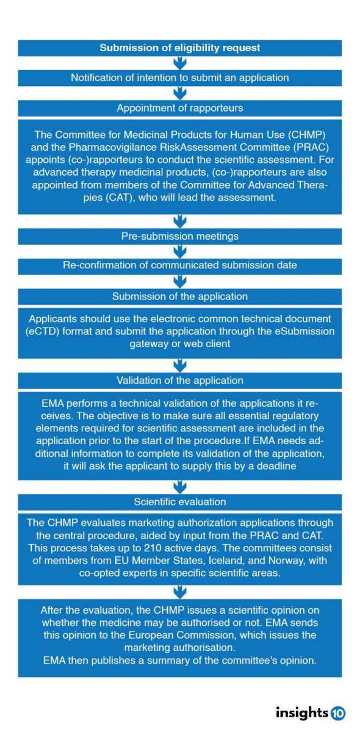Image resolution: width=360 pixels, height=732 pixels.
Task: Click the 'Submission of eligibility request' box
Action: pyautogui.click(x=180, y=48)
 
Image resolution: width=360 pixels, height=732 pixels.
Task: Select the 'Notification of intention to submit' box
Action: pyautogui.click(x=180, y=77)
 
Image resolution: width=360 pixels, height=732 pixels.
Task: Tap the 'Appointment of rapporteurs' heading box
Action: pyautogui.click(x=180, y=108)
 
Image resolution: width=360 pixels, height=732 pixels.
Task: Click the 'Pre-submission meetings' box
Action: pyautogui.click(x=180, y=235)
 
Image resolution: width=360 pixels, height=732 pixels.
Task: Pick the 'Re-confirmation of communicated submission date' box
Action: pyautogui.click(x=180, y=265)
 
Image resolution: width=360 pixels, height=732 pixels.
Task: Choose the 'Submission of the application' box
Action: pyautogui.click(x=180, y=296)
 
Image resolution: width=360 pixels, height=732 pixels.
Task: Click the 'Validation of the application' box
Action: pyautogui.click(x=180, y=381)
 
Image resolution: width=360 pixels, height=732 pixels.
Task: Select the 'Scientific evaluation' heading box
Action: pyautogui.click(x=180, y=502)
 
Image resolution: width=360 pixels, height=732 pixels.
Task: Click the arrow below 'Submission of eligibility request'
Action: pyautogui.click(x=180, y=62)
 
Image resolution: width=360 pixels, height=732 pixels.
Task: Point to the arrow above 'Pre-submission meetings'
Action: pyautogui.click(x=180, y=221)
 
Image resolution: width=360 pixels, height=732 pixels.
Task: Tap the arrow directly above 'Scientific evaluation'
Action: pyautogui.click(x=180, y=487)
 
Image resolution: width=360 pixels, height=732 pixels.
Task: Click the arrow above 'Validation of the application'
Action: pyautogui.click(x=180, y=366)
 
